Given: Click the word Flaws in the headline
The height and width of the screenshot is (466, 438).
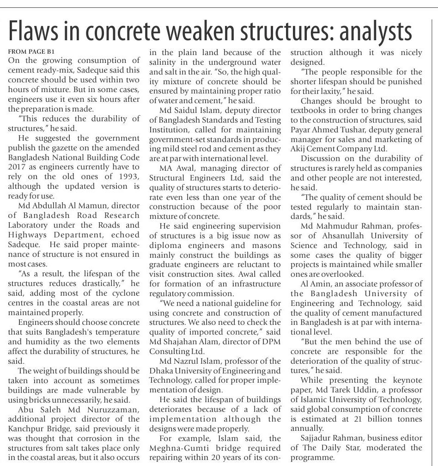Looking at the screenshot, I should tap(37, 31).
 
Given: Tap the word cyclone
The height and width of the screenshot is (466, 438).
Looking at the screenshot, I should tap(124, 293).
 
